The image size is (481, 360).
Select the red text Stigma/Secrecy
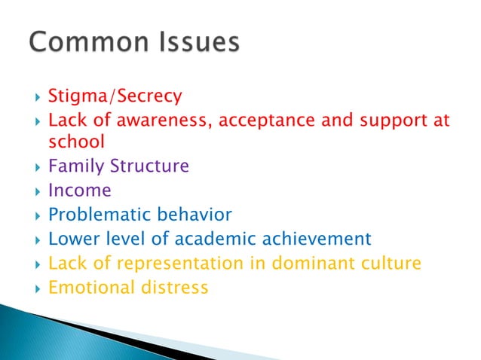point(115,96)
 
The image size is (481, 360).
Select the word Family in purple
point(73,166)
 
